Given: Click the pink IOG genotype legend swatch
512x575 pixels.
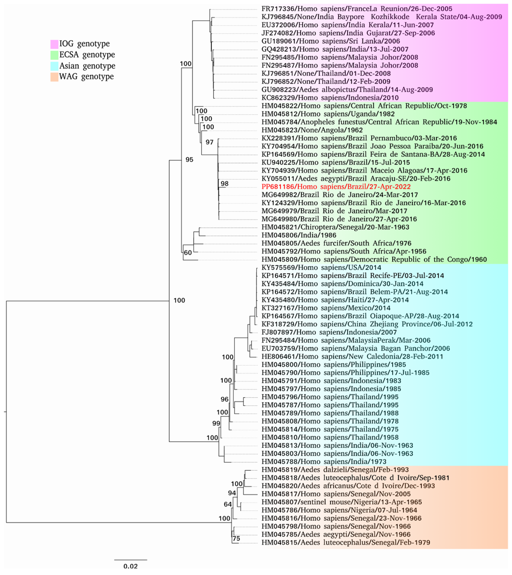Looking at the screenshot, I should [x=54, y=44].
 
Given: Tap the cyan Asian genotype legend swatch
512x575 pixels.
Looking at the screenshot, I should [x=54, y=66].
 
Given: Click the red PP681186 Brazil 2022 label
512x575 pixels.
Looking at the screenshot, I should [x=336, y=187].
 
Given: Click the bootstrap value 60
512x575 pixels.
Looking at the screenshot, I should [x=188, y=253].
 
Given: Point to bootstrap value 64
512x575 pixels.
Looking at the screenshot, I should [x=227, y=504].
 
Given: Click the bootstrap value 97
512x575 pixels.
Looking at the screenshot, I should [x=209, y=142].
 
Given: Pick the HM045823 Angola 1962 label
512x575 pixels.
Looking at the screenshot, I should [x=312, y=130].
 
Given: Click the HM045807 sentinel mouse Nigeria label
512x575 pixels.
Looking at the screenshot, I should [x=341, y=502].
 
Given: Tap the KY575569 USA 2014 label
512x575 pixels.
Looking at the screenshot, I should [x=321, y=268].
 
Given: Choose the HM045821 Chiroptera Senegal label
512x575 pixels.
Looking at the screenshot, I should [x=335, y=227].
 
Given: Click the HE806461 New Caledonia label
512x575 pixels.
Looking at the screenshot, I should [x=352, y=357].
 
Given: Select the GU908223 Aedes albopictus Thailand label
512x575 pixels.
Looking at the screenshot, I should [x=347, y=90].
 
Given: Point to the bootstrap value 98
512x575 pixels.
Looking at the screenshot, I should [x=224, y=184].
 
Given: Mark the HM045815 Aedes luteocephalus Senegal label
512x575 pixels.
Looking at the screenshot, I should [x=346, y=543].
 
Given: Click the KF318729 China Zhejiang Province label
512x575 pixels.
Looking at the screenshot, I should [x=367, y=324].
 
